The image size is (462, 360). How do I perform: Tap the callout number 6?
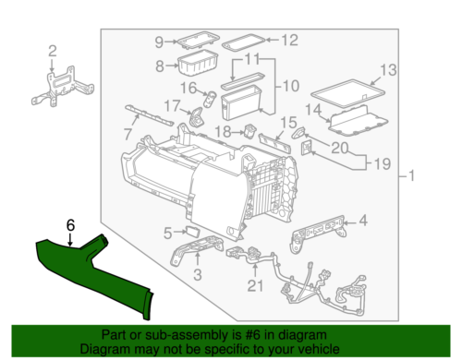coord(70,225)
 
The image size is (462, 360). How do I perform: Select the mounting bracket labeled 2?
coord(63,87)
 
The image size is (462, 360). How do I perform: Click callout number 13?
coord(388,70)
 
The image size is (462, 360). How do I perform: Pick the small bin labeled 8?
coord(198,64)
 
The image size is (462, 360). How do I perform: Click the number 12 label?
coord(290,40)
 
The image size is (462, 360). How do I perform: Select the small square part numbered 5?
coord(192,231)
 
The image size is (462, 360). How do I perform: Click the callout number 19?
coord(383,163)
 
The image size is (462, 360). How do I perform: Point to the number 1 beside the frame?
coord(411,176)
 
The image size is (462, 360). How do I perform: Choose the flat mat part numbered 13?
coord(348,93)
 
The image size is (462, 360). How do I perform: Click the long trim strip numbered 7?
coord(150,115)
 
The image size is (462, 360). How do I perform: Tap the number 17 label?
coord(172,106)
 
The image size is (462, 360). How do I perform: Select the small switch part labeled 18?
coord(249,130)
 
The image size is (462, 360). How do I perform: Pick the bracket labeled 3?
coord(197,249)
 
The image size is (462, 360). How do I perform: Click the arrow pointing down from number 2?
coord(52,66)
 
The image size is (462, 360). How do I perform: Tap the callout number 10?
coord(291,86)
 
